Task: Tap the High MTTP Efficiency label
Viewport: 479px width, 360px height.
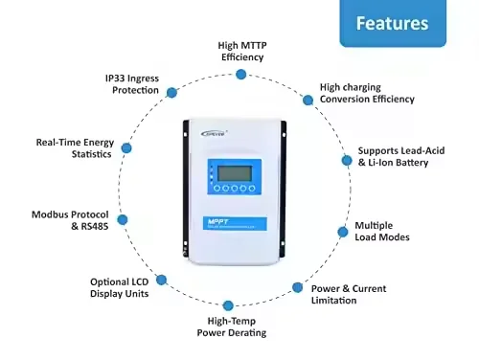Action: tap(240, 50)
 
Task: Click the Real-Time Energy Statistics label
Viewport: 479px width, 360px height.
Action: tap(73, 146)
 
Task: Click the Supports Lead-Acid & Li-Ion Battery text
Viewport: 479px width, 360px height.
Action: tap(400, 157)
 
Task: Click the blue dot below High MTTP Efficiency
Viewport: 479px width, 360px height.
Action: tap(240, 74)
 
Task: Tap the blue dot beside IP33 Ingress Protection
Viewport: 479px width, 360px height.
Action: tap(171, 92)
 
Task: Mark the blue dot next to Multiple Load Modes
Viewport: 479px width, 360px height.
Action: tap(344, 231)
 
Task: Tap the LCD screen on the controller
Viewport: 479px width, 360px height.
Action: tap(233, 173)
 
